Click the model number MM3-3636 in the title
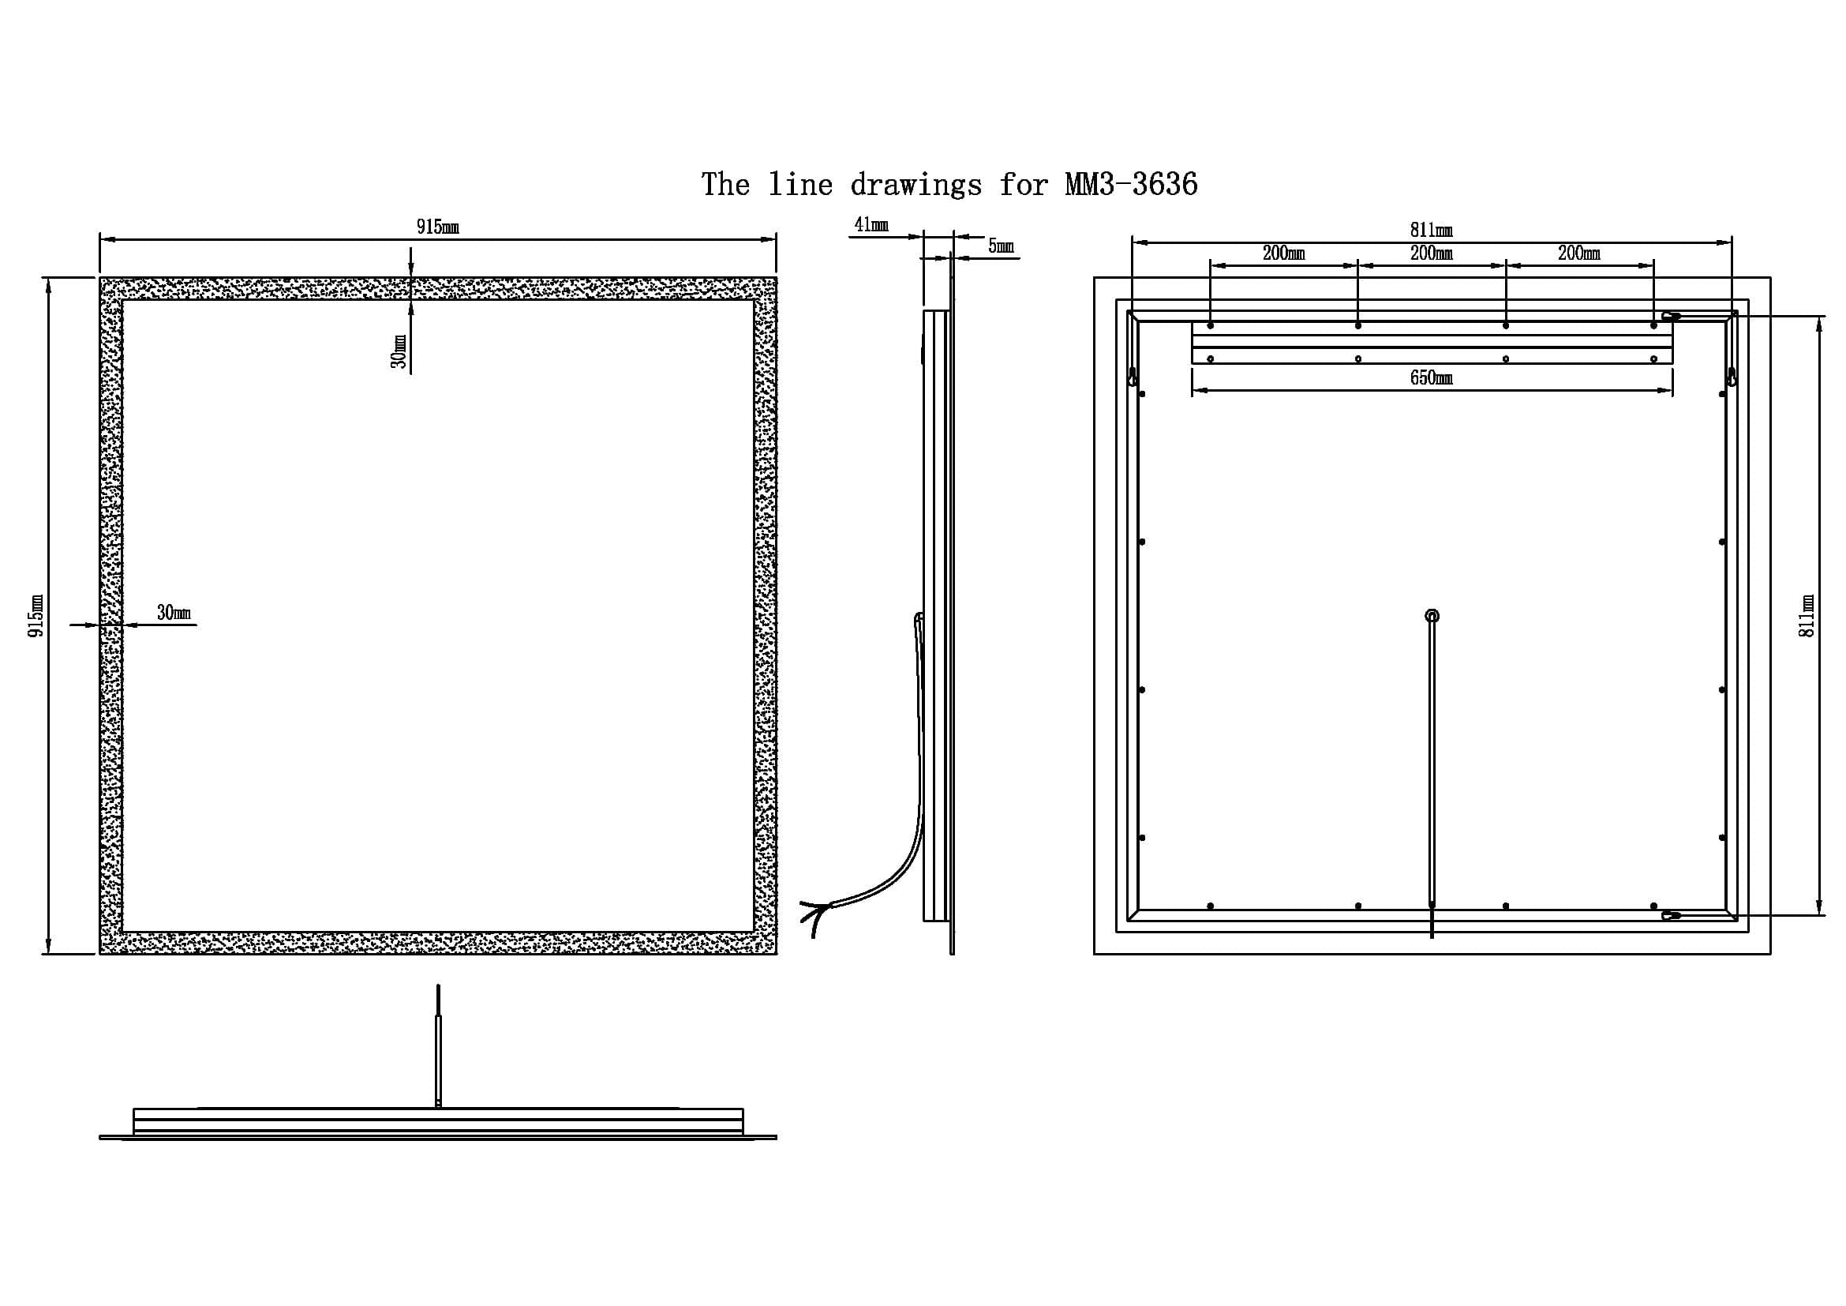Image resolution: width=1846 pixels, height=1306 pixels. tap(1131, 185)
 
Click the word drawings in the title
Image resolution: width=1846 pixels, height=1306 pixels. tap(916, 185)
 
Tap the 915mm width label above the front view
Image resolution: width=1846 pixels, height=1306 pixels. tap(437, 227)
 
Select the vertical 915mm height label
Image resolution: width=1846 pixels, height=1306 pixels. tap(36, 616)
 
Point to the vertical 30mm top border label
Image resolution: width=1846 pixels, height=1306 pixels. tap(399, 351)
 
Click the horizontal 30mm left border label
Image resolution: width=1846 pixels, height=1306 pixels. tap(174, 613)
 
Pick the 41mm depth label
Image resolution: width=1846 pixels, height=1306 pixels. tap(871, 224)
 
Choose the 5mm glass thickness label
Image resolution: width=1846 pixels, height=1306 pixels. tap(1001, 246)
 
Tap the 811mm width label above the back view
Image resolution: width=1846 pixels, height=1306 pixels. tap(1432, 231)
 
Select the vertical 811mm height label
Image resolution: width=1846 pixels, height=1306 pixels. tap(1806, 616)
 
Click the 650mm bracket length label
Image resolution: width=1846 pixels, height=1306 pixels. tap(1432, 378)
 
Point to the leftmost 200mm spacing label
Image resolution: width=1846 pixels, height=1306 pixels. tap(1284, 253)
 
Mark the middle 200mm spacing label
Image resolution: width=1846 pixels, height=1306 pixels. tap(1432, 253)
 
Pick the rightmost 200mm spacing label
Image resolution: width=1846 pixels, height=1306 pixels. tap(1580, 253)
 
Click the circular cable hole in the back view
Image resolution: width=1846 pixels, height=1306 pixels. tap(1432, 616)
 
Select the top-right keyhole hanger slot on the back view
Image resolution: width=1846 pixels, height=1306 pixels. tap(1672, 317)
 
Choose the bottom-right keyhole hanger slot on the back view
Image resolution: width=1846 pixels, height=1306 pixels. tap(1672, 915)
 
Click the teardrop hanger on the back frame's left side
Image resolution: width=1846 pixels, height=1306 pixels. tap(1133, 377)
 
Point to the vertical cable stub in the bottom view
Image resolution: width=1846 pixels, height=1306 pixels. tap(438, 1045)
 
